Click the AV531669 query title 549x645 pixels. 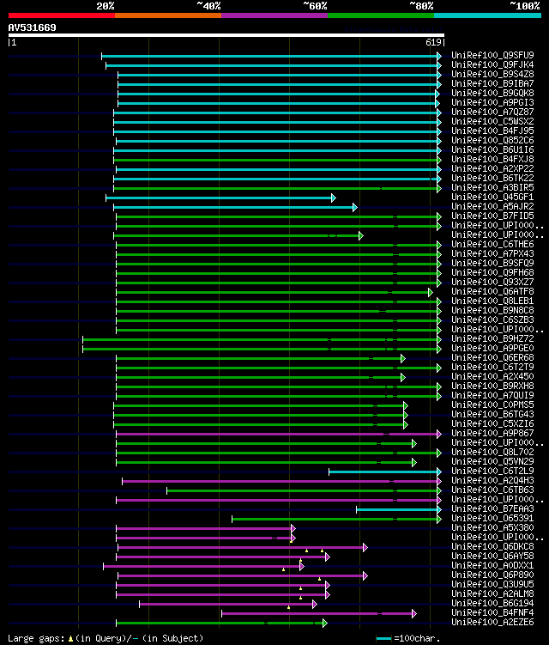tap(33, 27)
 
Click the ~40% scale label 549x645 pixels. tap(208, 6)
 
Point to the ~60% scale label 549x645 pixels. tap(315, 6)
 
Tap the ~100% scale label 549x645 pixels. tap(525, 6)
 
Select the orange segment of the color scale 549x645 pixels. tap(167, 15)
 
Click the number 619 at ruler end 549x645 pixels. tap(433, 41)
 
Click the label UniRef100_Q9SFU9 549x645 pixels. tap(492, 55)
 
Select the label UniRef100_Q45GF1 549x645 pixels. tap(492, 198)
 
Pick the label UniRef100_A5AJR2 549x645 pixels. tap(492, 207)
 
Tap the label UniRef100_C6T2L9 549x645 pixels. tap(492, 471)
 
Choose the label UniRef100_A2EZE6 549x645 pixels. tap(492, 622)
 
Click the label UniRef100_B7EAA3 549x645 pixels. tap(492, 508)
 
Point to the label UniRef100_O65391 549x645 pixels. tap(492, 518)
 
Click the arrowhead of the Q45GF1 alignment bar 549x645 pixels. tap(333, 198)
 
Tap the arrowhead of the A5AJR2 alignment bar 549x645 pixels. tap(354, 207)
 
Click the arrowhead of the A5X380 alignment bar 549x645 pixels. tap(293, 528)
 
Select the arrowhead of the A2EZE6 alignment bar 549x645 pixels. tap(324, 623)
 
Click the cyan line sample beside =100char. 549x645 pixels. tap(383, 638)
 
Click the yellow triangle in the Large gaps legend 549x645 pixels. tap(70, 638)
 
